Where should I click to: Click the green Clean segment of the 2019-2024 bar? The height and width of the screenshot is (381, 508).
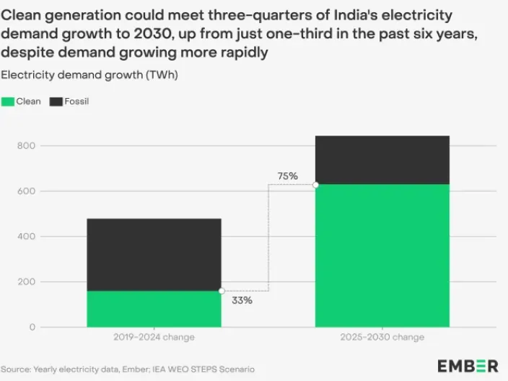pos(154,309)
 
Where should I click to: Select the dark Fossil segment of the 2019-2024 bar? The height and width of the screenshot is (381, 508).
pos(154,254)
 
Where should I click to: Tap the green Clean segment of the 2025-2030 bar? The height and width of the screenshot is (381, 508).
pos(382,255)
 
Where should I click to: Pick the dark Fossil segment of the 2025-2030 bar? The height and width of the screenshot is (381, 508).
pos(382,159)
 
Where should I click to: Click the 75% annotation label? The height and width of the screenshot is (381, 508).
pos(287,175)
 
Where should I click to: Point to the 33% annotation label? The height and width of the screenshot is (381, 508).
pos(242,300)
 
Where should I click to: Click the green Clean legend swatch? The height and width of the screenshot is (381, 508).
pos(13,102)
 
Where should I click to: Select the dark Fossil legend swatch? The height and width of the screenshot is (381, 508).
pos(56,102)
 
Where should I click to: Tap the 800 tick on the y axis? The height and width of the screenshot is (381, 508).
pos(27,146)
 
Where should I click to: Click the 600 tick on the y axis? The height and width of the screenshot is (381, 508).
pos(27,191)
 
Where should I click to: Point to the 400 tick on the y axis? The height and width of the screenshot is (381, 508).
pos(27,237)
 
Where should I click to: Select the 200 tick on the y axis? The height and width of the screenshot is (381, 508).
pos(27,282)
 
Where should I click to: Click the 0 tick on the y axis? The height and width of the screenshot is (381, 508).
pos(32,327)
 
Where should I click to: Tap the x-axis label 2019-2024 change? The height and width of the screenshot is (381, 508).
pos(154,337)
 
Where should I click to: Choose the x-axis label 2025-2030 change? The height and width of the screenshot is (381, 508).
pos(382,337)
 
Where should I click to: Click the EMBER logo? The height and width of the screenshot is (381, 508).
pos(468,365)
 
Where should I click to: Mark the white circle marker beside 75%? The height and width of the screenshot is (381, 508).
pos(315,185)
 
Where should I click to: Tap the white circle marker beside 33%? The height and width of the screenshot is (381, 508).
pos(222,291)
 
